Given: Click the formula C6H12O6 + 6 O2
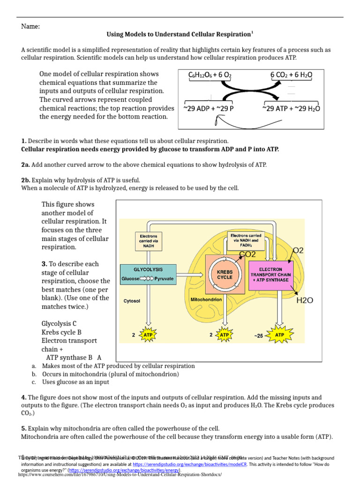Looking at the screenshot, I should [210, 75].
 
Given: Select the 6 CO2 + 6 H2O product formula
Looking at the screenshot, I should [291, 75].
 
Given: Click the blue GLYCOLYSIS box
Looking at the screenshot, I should [148, 274].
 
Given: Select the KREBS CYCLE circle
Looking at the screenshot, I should [225, 274].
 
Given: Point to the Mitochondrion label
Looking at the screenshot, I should [206, 299].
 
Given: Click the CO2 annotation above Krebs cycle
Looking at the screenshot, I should [247, 255].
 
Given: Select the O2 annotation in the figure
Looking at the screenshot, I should [298, 251].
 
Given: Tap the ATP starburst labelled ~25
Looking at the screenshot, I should [280, 336].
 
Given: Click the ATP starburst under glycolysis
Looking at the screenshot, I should [148, 336].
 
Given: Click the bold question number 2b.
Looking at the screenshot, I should [26, 180].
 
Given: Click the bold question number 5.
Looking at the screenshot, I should [24, 428].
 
